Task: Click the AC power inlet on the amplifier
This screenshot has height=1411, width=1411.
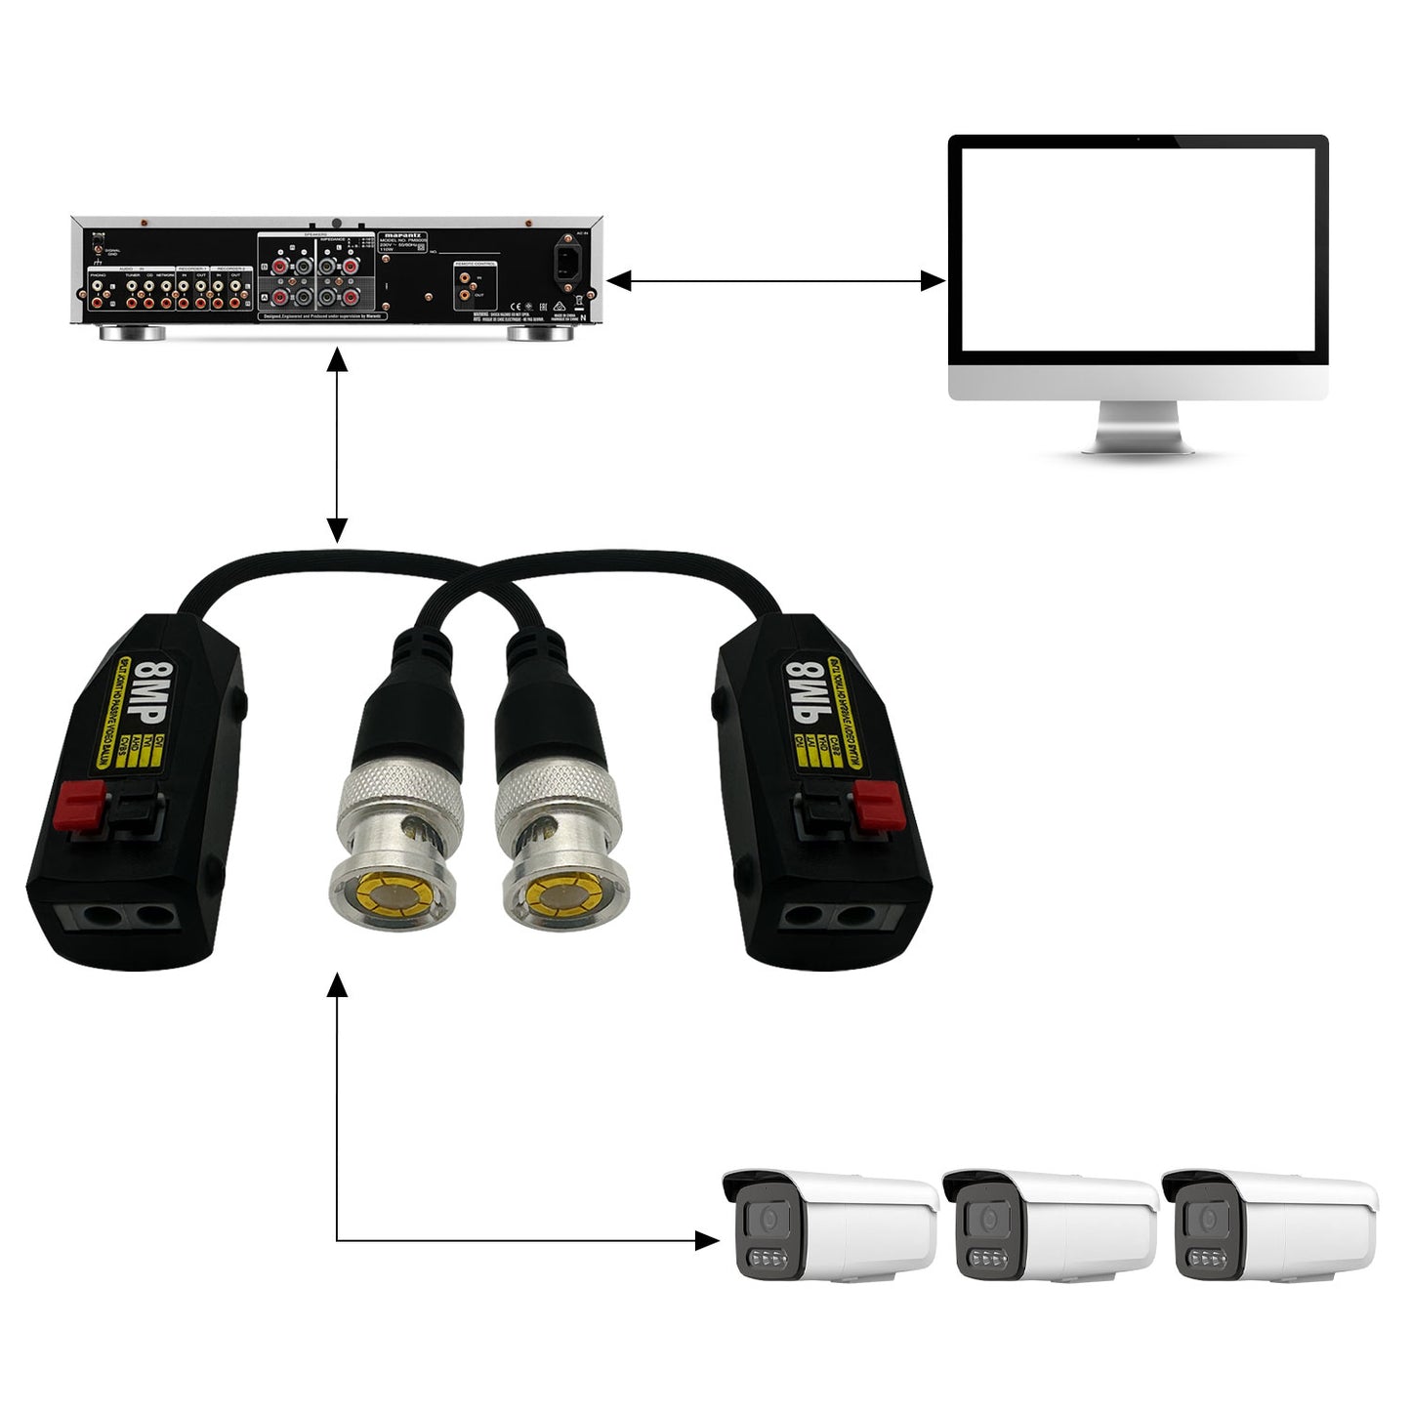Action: coord(570,262)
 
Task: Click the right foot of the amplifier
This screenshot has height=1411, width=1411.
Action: coord(540,333)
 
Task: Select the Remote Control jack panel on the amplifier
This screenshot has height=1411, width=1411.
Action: coord(475,285)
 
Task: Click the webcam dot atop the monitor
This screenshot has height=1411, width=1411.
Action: coord(1138,140)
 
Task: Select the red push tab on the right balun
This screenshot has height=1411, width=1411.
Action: coord(878,805)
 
